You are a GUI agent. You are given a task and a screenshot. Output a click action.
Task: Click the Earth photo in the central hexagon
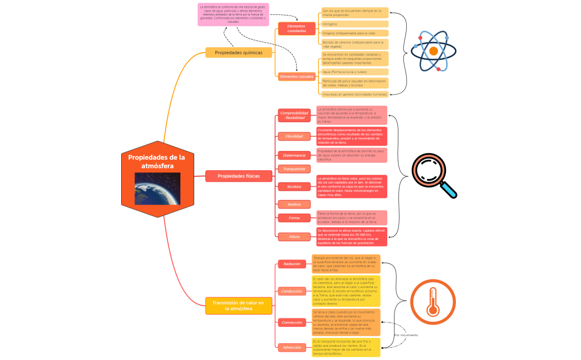click(157, 189)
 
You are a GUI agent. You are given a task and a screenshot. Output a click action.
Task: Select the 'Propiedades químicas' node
click(238, 53)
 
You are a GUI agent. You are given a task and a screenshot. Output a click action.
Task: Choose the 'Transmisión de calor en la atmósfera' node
click(238, 306)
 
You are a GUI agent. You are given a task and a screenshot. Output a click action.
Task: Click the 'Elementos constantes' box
click(297, 28)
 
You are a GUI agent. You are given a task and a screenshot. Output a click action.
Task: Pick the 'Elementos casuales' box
click(297, 76)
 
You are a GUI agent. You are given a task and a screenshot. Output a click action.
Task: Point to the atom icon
click(433, 50)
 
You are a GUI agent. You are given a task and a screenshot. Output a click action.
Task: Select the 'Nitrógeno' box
click(355, 24)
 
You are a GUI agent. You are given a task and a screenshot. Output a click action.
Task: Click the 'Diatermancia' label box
click(294, 155)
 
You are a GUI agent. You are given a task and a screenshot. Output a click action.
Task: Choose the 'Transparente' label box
click(294, 169)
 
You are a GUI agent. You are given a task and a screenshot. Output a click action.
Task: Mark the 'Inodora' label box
click(294, 204)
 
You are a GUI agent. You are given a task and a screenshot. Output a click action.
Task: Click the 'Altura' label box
click(294, 237)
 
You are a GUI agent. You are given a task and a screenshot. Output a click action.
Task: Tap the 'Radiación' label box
click(292, 264)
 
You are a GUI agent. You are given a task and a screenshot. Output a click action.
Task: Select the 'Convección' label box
click(292, 322)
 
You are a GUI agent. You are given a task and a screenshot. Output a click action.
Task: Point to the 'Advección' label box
click(292, 347)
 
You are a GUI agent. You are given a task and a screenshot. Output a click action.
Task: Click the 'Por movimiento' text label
click(406, 335)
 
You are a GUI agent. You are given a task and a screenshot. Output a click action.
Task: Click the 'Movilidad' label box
click(294, 136)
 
